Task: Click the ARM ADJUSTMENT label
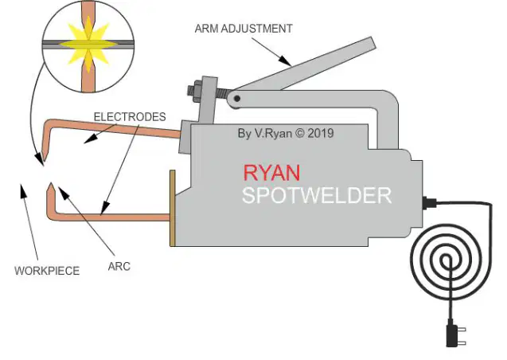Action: click(244, 29)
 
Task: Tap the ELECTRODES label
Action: click(130, 117)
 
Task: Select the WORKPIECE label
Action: click(47, 271)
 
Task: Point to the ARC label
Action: click(119, 267)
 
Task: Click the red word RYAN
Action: click(271, 173)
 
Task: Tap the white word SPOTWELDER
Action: click(317, 195)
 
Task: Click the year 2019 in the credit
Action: click(321, 133)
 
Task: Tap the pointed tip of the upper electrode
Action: click(45, 161)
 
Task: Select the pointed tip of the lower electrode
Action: click(51, 184)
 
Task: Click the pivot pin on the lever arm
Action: click(237, 98)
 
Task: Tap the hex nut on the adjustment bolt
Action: click(195, 90)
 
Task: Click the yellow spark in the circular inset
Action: click(88, 44)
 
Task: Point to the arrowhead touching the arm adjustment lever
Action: click(285, 61)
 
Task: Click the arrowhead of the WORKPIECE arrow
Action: click(22, 190)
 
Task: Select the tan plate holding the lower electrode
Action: click(173, 208)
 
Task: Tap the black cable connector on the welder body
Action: click(429, 203)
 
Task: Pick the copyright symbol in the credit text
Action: click(300, 133)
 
